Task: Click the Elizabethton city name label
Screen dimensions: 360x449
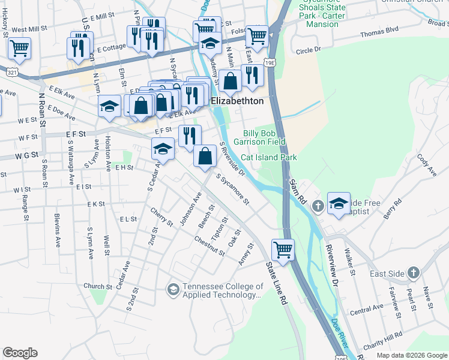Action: tap(237, 101)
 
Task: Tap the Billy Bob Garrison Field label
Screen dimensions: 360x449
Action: tap(264, 137)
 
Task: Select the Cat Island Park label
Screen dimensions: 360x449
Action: tap(269, 157)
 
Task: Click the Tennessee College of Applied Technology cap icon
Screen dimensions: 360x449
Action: tap(173, 290)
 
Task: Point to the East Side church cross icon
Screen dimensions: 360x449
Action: tap(413, 274)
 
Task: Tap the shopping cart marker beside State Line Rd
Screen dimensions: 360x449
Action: tap(283, 249)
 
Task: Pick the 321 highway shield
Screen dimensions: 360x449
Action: tap(12, 72)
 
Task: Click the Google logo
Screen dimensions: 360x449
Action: tap(20, 353)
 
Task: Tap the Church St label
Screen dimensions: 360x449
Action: tap(95, 286)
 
